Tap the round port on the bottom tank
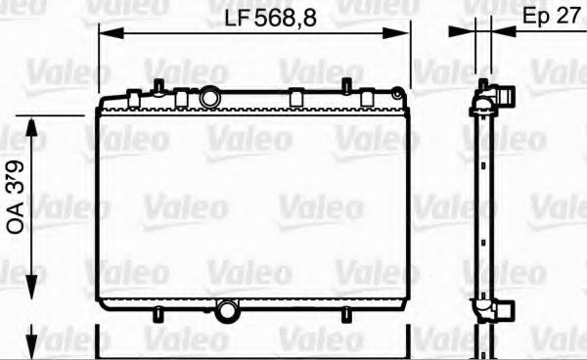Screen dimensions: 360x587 (228, 311)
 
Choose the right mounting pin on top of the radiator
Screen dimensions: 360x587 (345, 85)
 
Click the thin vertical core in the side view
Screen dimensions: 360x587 (481, 205)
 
